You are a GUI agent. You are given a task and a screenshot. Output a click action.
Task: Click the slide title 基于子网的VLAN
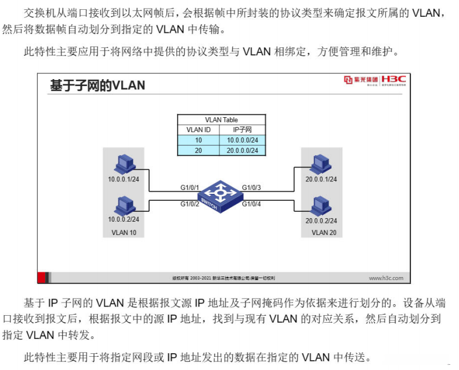pyautogui.click(x=97, y=85)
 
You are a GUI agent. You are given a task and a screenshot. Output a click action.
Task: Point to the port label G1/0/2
pyautogui.click(x=189, y=204)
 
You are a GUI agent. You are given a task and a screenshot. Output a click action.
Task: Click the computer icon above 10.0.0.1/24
pyautogui.click(x=124, y=165)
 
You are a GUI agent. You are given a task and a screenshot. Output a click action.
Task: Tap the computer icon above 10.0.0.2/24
pyautogui.click(x=124, y=205)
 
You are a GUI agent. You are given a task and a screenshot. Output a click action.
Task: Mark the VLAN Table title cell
pyautogui.click(x=221, y=120)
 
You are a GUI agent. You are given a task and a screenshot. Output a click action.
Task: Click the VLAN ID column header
pyautogui.click(x=198, y=130)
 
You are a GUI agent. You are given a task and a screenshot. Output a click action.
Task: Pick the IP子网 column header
pyautogui.click(x=242, y=130)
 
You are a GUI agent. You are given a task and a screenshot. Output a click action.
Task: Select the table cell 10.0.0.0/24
pyautogui.click(x=242, y=140)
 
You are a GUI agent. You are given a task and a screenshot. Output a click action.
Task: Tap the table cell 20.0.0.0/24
pyautogui.click(x=242, y=150)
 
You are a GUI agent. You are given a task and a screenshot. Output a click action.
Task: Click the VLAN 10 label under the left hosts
pyautogui.click(x=124, y=233)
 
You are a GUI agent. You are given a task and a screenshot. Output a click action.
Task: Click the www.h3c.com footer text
pyautogui.click(x=386, y=278)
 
